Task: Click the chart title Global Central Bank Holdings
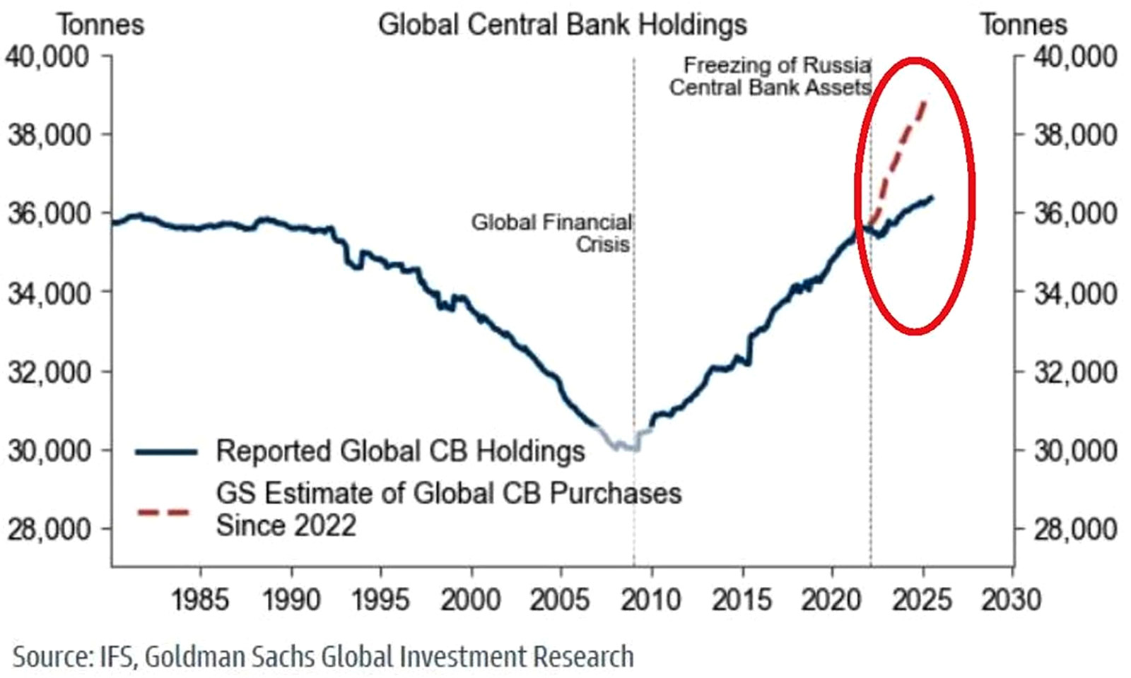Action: [x=562, y=25]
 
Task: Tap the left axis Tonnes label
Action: [x=100, y=25]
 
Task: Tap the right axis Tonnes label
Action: [x=1023, y=25]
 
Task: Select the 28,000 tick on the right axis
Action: [x=1075, y=529]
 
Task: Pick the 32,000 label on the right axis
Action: [x=1075, y=371]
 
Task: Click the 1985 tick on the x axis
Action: [x=200, y=600]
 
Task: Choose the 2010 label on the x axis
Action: [x=651, y=600]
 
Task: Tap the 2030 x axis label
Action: [x=1012, y=600]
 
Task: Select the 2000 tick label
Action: [x=471, y=600]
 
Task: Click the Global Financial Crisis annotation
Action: [x=551, y=233]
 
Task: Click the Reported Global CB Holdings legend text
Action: [x=400, y=451]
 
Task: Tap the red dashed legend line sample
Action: [x=164, y=512]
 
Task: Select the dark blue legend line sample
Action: [x=166, y=452]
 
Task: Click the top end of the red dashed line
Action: [x=925, y=101]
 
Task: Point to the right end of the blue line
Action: [x=933, y=197]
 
